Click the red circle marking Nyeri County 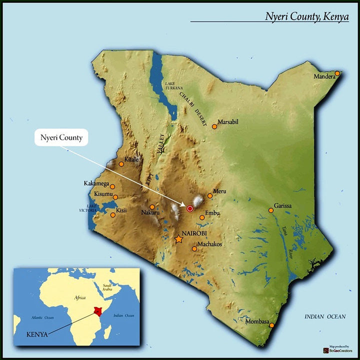190,208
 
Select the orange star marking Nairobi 179,239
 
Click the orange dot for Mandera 337,73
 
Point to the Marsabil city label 230,121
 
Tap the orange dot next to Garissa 271,210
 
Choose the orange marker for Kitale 121,164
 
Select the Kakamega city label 96,183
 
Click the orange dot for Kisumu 115,197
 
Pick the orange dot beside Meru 210,196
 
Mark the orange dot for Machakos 194,249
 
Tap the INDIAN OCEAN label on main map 325,317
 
